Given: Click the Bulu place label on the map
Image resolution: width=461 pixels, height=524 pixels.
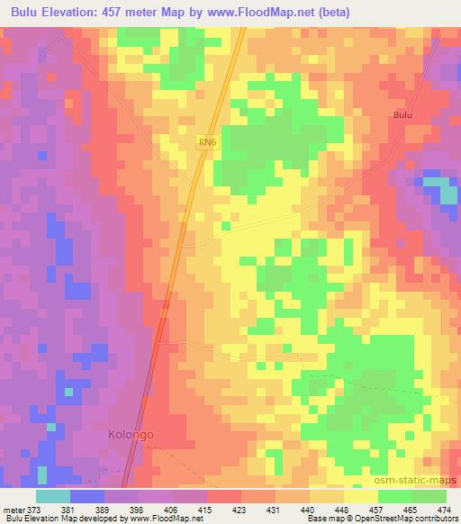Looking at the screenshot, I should point(403,115).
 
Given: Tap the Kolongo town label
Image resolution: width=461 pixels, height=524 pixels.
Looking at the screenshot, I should point(126,435).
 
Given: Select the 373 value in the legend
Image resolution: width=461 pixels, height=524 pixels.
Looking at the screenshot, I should point(31,510).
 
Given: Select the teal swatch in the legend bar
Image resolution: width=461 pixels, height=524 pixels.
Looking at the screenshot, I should point(53,496).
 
